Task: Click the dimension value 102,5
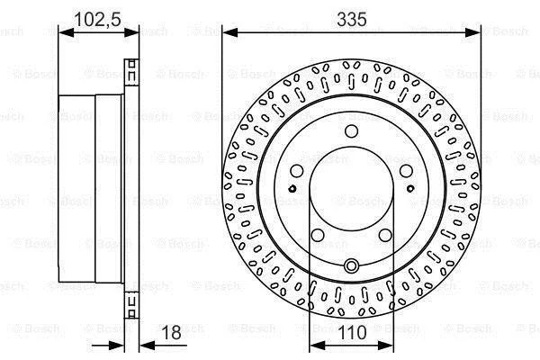97,19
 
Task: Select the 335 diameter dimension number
352,19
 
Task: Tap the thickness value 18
171,332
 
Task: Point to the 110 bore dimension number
353,332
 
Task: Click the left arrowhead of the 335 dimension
230,32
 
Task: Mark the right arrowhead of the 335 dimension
472,32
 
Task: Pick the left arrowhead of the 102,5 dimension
67,32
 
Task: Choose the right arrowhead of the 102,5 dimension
131,32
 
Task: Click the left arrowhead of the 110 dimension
318,346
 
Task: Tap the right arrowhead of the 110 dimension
385,346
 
